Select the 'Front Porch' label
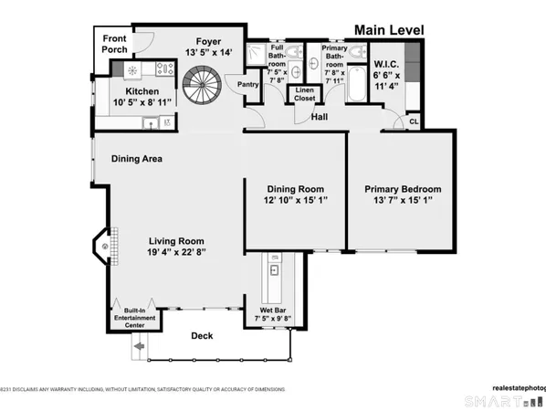click(x=114, y=45)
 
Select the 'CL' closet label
click(x=413, y=120)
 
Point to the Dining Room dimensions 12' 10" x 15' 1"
click(x=295, y=200)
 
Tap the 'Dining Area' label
click(x=137, y=159)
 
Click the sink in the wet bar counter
click(x=274, y=270)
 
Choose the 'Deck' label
click(x=202, y=336)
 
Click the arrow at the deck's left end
click(x=139, y=347)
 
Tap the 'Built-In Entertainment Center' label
click(x=134, y=318)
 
